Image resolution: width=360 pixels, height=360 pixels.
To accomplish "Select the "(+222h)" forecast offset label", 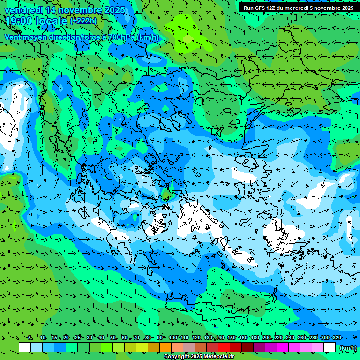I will pos(83,21).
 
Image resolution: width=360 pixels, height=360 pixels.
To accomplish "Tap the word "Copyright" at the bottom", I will pos(177,357).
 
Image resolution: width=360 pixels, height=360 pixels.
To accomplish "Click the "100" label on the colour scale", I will pos(172,338).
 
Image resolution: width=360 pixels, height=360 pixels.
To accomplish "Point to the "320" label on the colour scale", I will pos(337,338).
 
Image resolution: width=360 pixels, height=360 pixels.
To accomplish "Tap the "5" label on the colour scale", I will pos(30,338).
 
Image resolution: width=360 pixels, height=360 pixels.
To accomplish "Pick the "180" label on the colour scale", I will pos(255,338).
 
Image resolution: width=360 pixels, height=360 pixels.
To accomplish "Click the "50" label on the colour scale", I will pos(113,338).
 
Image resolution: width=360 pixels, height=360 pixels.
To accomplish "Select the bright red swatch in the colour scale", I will pos(224,347).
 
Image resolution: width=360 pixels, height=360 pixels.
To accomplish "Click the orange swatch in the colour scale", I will pos(165,347).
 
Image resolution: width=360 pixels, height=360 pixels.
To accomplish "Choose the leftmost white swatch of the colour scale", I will pos(25,347).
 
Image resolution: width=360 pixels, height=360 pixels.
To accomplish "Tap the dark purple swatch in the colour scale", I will pos(259,347).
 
